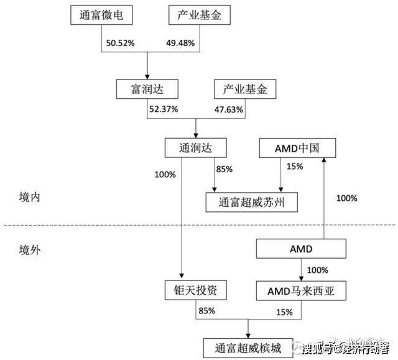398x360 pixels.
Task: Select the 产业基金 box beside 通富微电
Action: point(197,16)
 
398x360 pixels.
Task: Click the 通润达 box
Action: point(195,147)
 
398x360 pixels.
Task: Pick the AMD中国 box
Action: point(297,148)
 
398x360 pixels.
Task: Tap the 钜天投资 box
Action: point(195,289)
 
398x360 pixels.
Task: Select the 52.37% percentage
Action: point(163,109)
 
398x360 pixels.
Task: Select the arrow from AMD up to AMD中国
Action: point(324,199)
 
